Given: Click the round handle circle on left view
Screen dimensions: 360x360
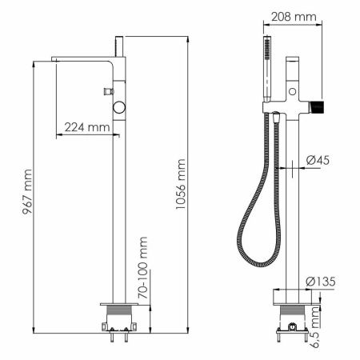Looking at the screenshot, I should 120,106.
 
